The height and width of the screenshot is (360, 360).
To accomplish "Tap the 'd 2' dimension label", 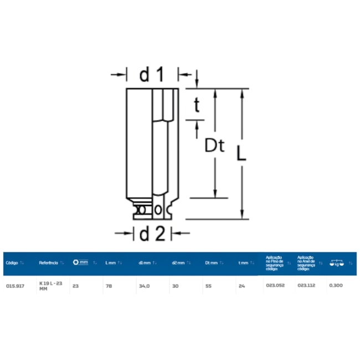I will point(152,234).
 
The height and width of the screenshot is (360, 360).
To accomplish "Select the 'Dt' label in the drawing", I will point(214,146).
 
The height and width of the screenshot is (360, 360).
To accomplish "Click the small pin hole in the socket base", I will point(158,210).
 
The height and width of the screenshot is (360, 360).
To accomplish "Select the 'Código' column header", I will point(12,263).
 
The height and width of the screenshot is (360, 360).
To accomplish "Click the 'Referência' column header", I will point(49,263).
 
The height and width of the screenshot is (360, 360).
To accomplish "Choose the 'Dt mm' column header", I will point(210,263).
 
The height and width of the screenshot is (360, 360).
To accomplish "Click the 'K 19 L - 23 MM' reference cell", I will point(50,286).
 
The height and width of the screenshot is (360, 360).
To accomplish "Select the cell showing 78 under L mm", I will point(109,286).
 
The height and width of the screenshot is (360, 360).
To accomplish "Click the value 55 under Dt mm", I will point(208,286).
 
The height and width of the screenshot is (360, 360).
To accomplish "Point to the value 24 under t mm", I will point(241,286).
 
